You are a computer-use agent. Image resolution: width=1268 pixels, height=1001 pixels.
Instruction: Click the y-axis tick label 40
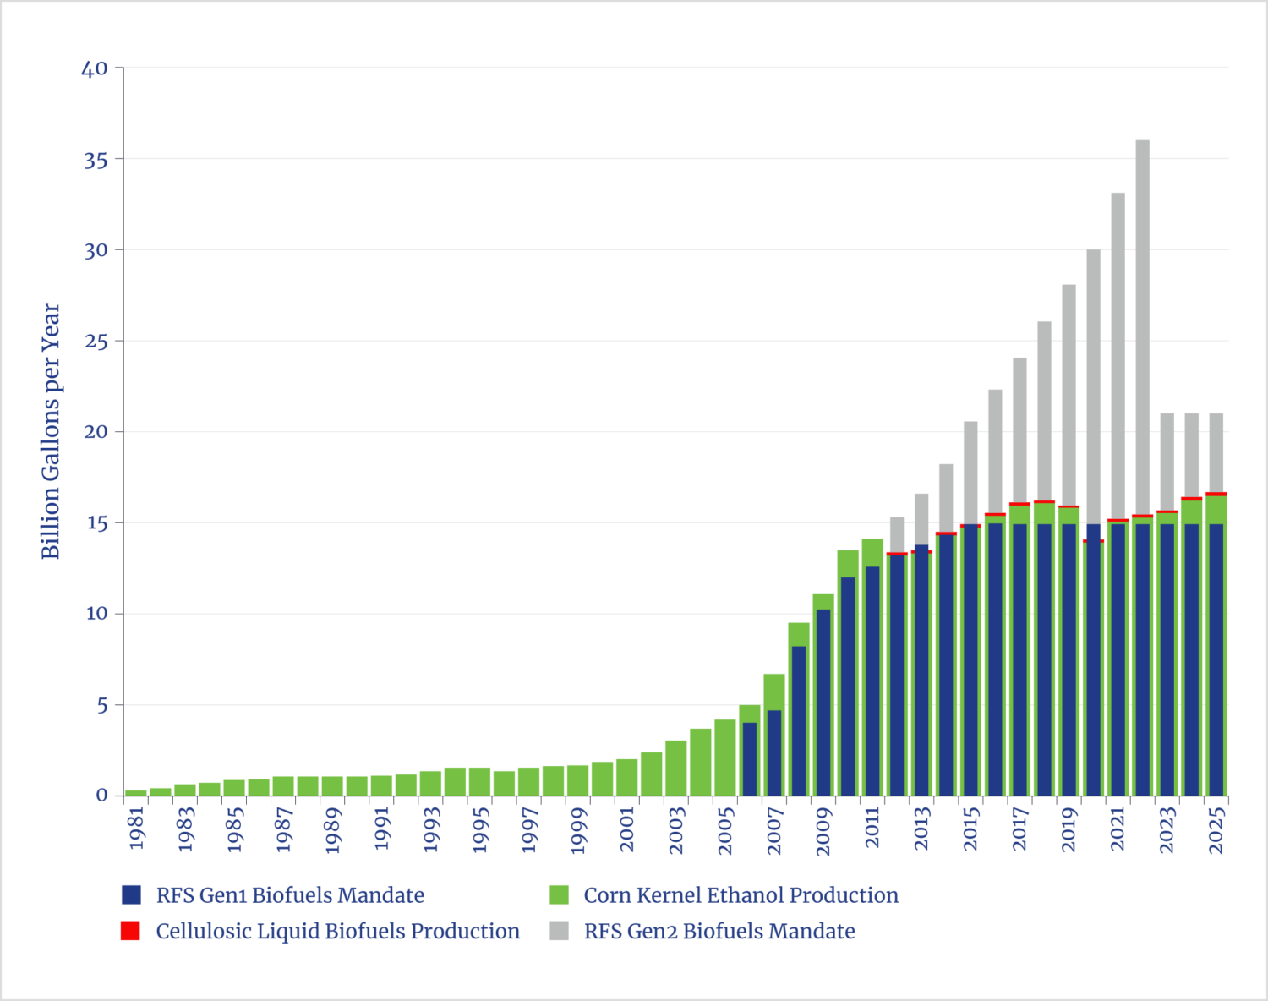pyautogui.click(x=95, y=68)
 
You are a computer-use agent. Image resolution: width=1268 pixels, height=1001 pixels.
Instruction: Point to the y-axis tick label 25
pyautogui.click(x=96, y=342)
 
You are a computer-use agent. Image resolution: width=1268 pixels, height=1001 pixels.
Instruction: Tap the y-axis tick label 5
pyautogui.click(x=102, y=706)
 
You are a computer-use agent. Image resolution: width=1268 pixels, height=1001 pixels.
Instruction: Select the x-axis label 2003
pyautogui.click(x=676, y=831)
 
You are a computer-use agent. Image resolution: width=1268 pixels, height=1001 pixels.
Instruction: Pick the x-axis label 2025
pyautogui.click(x=1216, y=831)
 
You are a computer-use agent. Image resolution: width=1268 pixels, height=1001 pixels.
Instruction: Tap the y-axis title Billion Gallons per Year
pyautogui.click(x=51, y=431)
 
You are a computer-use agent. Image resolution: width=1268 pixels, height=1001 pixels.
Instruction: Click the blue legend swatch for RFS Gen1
pyautogui.click(x=131, y=894)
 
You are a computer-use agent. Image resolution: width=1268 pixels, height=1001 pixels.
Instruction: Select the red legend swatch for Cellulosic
pyautogui.click(x=130, y=931)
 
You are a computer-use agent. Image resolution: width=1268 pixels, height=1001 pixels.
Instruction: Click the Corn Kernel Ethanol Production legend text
pyautogui.click(x=741, y=894)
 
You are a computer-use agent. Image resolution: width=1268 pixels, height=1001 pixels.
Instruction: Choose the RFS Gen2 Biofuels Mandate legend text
pyautogui.click(x=719, y=931)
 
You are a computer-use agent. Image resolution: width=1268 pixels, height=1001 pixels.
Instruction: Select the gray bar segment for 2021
pyautogui.click(x=1118, y=355)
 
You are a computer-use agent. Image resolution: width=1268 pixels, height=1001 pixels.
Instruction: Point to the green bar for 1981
pyautogui.click(x=135, y=792)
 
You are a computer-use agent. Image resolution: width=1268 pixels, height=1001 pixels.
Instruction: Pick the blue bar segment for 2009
pyautogui.click(x=823, y=702)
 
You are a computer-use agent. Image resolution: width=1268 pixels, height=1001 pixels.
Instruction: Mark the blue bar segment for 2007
pyautogui.click(x=774, y=752)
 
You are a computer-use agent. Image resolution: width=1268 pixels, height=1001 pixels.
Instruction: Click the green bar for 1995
pyautogui.click(x=480, y=781)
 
